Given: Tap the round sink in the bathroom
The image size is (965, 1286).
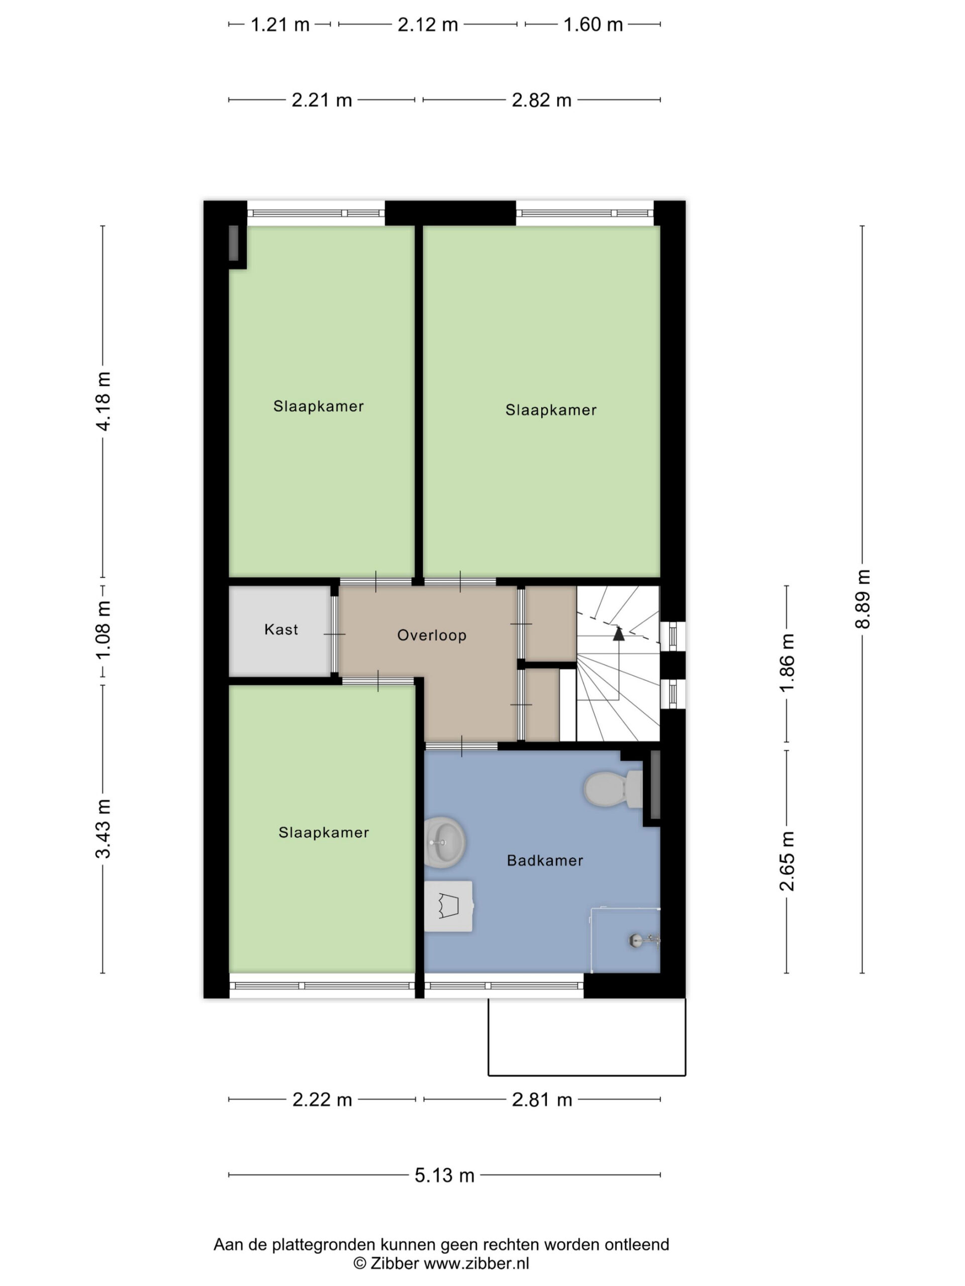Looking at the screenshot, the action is [x=445, y=842].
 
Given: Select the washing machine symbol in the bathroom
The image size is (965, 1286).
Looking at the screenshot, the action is [x=448, y=906].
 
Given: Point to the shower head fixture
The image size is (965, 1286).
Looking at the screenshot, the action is [x=644, y=939].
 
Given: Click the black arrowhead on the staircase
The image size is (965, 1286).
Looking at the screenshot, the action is [x=618, y=633].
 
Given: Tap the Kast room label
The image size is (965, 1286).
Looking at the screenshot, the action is [x=281, y=629].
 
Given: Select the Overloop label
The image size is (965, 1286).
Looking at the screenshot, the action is [x=432, y=635].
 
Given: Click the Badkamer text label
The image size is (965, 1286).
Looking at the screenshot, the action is [x=544, y=861].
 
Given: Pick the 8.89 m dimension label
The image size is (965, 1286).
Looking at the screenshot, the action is [x=862, y=599].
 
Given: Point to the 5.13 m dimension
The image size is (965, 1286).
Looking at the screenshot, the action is [x=444, y=1175].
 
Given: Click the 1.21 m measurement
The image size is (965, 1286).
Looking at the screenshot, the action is [x=280, y=25].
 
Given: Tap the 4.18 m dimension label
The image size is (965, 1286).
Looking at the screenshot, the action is [x=103, y=401].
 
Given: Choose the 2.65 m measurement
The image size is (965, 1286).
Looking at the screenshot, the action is [x=787, y=862].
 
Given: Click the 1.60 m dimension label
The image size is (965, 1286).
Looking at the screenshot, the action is [x=593, y=25].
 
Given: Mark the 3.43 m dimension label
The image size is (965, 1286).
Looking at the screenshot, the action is [x=103, y=829].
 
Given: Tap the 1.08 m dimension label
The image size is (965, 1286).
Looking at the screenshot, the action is [x=103, y=631].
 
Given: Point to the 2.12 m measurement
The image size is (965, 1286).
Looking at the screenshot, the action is [x=428, y=25].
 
